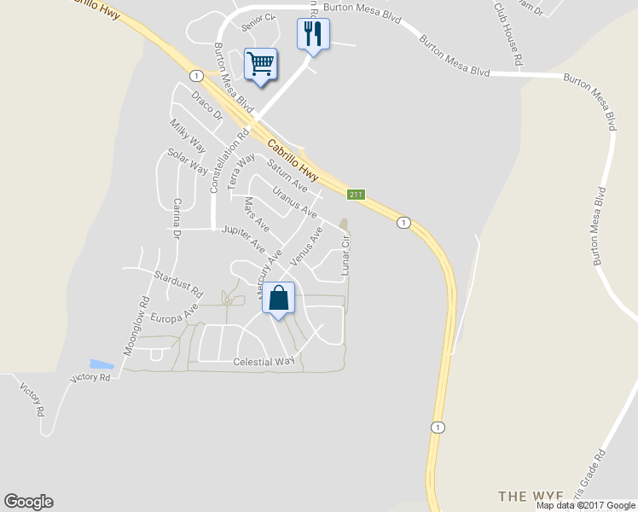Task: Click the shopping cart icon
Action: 261,63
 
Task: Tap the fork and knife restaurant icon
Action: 313,35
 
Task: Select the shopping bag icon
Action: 278,299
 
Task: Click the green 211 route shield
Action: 357,195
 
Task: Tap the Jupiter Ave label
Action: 243,237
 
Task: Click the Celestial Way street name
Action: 264,362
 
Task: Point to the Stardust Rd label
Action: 178,284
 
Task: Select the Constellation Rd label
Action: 229,160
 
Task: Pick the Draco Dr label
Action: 206,105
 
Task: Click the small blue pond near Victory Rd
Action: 101,364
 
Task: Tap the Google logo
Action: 28,502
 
